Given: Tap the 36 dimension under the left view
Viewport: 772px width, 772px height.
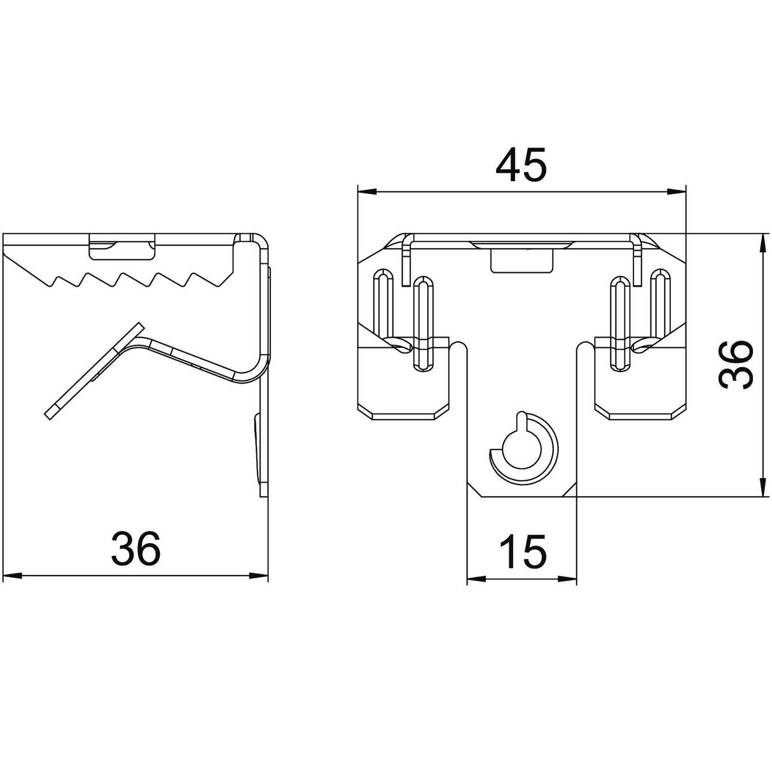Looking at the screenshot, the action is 136,549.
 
